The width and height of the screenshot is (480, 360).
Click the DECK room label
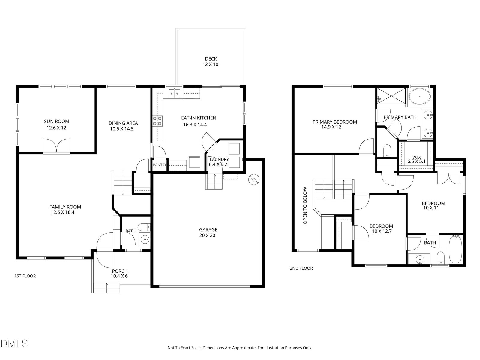pyautogui.click(x=211, y=59)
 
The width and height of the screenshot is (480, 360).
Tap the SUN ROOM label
pyautogui.click(x=57, y=121)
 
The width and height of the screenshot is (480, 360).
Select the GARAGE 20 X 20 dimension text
pyautogui.click(x=207, y=235)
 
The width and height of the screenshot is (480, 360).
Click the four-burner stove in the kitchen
pyautogui.click(x=157, y=121)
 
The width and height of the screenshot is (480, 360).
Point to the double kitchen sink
pyautogui.click(x=174, y=93)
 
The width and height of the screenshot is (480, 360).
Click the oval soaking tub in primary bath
pyautogui.click(x=420, y=96)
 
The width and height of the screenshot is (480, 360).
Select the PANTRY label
pyautogui.click(x=160, y=165)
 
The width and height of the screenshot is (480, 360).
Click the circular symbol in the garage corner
pyautogui.click(x=254, y=179)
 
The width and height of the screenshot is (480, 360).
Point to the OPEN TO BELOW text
pyautogui.click(x=305, y=205)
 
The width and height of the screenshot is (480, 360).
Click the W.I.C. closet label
pyautogui.click(x=418, y=157)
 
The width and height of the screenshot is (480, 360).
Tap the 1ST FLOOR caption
pyautogui.click(x=25, y=276)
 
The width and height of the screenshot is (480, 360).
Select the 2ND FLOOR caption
pyautogui.click(x=301, y=268)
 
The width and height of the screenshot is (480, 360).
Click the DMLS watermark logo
pyautogui.click(x=14, y=343)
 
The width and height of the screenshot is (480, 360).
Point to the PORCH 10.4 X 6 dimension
pyautogui.click(x=119, y=276)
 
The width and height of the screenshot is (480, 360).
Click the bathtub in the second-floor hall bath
pyautogui.click(x=455, y=249)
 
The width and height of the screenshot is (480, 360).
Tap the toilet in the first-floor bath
pyautogui.click(x=144, y=227)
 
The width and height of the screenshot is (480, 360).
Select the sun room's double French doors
pyautogui.click(x=56, y=145)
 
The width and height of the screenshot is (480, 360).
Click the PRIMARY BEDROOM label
pyautogui.click(x=335, y=122)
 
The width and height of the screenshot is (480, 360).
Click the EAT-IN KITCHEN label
pyautogui.click(x=199, y=118)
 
